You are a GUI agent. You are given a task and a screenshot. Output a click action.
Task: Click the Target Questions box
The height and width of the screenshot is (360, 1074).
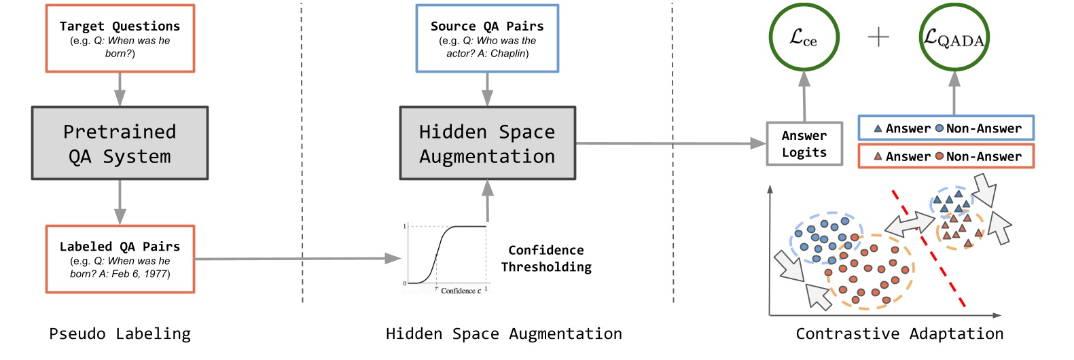click(x=120, y=39)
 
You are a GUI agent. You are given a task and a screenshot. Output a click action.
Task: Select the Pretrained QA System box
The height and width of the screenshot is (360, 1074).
click(x=120, y=143)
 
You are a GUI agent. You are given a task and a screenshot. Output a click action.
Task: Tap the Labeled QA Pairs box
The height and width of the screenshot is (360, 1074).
click(x=120, y=259)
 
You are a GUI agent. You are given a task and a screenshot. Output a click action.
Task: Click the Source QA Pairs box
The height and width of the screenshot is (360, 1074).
click(x=487, y=39)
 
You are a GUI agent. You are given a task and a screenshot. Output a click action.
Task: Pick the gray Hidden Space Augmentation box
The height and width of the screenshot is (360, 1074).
click(x=487, y=143)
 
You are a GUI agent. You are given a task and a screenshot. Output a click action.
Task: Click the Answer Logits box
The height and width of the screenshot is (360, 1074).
click(x=804, y=144)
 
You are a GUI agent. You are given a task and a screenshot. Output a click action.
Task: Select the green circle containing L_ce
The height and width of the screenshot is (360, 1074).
click(x=804, y=37)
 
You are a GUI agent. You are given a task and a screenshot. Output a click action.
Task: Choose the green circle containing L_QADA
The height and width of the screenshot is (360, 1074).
click(x=954, y=37)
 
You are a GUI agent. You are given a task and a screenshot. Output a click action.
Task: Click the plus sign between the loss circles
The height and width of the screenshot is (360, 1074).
click(x=878, y=37)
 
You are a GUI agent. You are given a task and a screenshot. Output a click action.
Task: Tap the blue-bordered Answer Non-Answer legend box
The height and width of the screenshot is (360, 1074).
click(x=946, y=128)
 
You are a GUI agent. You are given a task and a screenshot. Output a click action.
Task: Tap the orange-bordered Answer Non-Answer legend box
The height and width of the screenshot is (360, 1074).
click(x=946, y=156)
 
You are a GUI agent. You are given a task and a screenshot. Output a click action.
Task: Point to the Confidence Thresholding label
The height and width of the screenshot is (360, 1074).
click(x=546, y=259)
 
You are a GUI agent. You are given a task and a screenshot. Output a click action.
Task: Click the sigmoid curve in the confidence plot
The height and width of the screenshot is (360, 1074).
click(x=442, y=245)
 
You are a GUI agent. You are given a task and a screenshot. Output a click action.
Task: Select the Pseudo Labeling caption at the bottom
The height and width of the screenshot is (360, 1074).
click(x=120, y=334)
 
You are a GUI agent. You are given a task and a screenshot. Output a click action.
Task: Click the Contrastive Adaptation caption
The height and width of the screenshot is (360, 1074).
click(x=899, y=334)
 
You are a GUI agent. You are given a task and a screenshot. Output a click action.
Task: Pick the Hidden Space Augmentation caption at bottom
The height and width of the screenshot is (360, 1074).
click(x=503, y=334)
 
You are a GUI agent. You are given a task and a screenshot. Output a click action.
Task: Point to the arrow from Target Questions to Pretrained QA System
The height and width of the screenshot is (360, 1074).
click(x=120, y=89)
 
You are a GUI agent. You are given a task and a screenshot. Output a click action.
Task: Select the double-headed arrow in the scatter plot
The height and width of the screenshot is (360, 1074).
click(x=910, y=224)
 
